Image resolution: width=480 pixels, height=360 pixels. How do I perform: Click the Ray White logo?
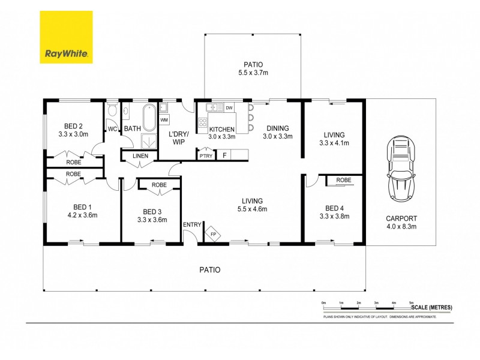(66, 37)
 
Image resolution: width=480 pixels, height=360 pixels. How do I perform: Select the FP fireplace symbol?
(212, 234)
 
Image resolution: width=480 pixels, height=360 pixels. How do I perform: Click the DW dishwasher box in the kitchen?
(229, 108)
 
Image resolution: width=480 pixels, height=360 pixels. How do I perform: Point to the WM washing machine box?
(164, 120)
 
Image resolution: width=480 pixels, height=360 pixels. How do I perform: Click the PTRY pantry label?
(205, 155)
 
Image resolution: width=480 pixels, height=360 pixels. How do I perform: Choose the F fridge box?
(224, 155)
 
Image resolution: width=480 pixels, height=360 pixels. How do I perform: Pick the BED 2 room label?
(73, 126)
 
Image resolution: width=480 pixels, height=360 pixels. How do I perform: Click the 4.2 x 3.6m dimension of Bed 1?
(82, 215)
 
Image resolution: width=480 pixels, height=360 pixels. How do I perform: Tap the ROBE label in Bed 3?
(159, 185)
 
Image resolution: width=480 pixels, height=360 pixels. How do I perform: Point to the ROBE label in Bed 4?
(343, 180)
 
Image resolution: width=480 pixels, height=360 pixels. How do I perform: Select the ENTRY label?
(192, 224)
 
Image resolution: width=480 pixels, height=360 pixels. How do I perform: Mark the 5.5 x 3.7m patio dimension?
(253, 74)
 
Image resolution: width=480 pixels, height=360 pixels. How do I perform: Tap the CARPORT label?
(402, 218)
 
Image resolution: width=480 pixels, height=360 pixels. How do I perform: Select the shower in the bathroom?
(146, 140)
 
